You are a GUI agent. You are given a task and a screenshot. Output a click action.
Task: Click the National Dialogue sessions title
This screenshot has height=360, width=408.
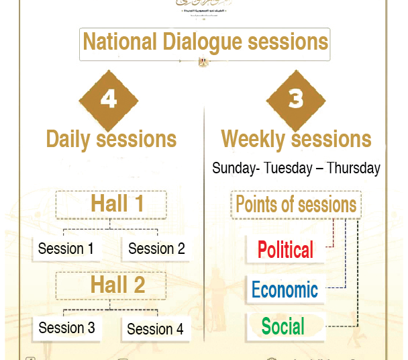click(x=205, y=42)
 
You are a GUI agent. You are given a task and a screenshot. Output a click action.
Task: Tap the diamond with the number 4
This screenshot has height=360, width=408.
click(x=109, y=100)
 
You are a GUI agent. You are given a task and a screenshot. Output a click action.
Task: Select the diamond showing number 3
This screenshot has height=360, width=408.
click(x=296, y=100)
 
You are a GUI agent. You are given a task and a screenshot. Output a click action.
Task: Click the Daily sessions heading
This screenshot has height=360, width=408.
click(x=111, y=139)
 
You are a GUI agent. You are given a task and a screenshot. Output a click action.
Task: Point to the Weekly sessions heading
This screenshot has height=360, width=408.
click(x=296, y=139)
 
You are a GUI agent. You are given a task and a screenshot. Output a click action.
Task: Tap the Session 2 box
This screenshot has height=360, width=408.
click(x=156, y=249)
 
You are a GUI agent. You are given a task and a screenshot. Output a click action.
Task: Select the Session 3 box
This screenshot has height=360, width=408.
click(x=66, y=328)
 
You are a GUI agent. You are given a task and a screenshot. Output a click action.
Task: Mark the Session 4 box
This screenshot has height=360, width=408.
click(x=155, y=329)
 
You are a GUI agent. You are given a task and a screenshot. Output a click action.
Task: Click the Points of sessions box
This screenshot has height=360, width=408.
click(x=296, y=204)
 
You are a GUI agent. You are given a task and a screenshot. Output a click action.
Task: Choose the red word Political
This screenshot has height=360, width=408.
click(x=285, y=251)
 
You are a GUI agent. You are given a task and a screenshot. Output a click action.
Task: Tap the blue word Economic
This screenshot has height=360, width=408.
click(x=285, y=289)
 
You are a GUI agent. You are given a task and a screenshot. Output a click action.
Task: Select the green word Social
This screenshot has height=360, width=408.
click(x=283, y=326)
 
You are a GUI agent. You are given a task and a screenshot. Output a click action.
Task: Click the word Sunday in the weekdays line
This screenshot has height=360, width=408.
click(x=233, y=168)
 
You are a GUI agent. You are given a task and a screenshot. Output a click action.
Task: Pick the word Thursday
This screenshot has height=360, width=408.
click(x=353, y=168)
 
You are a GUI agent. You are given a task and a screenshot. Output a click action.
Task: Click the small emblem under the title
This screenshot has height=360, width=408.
click(x=202, y=62)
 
